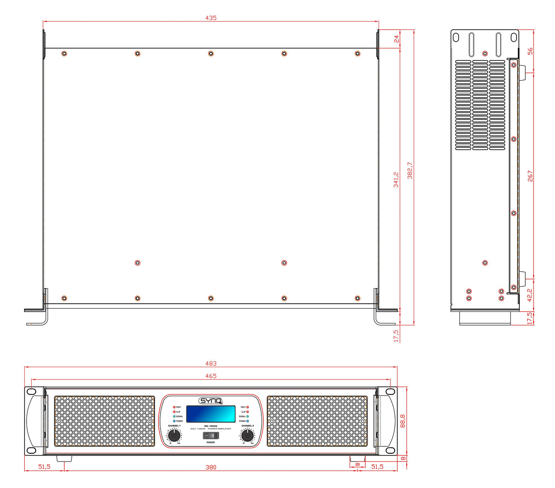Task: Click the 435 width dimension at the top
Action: (211, 18)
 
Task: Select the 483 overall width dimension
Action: (211, 364)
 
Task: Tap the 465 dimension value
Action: (211, 376)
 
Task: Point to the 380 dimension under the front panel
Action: (211, 467)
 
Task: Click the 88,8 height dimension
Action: (403, 421)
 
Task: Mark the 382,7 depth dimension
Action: (410, 170)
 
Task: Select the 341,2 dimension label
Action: (396, 180)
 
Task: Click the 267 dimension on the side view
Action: (530, 176)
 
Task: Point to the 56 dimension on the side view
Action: (530, 51)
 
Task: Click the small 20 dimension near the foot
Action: (358, 464)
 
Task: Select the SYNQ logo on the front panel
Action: (211, 401)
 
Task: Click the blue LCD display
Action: (211, 414)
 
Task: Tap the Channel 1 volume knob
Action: (174, 436)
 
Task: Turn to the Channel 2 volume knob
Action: (247, 436)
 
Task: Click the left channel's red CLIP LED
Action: (174, 412)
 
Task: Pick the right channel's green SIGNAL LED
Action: (247, 416)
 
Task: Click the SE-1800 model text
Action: (211, 426)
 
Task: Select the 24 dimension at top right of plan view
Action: (397, 39)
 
